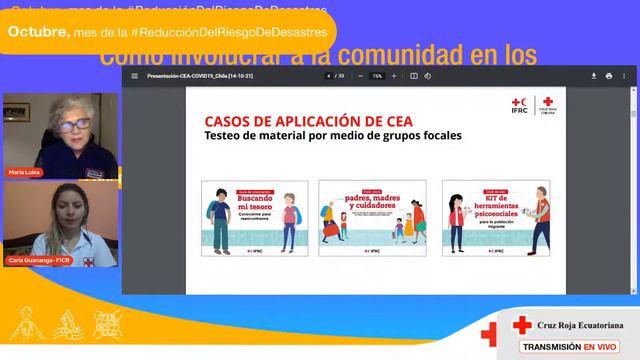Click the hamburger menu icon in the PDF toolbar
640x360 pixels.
[135, 76]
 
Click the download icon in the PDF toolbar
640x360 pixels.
[609, 76]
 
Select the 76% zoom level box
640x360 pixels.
[377, 76]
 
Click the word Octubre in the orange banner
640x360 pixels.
[38, 32]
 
